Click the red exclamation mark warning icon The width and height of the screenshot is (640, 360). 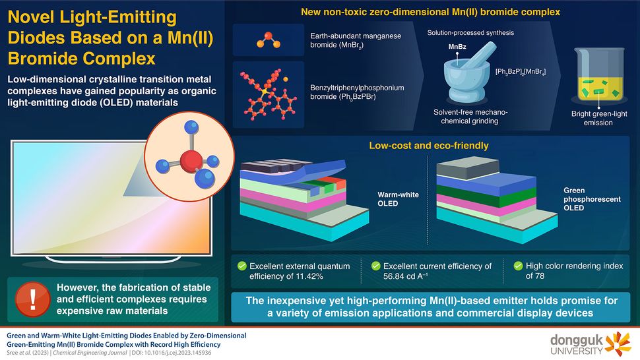32,299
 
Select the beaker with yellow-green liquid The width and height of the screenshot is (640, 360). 599,75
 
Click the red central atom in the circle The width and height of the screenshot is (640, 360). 191,160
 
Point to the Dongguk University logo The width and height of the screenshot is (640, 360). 591,344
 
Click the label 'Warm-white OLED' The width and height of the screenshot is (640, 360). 398,199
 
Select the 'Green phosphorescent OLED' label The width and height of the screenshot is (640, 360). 592,199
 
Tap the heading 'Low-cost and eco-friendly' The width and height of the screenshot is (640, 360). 429,146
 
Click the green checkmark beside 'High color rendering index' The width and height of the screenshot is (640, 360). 518,266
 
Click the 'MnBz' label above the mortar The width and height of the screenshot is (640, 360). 457,46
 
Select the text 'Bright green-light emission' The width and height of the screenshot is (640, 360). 599,118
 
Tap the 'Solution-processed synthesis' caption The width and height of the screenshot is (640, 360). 470,32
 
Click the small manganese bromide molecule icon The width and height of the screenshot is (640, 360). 268,40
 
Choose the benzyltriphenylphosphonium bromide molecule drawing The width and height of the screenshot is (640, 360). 268,94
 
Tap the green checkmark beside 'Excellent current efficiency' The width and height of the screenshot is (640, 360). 376,266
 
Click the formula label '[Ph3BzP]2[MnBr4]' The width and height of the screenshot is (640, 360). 521,72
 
